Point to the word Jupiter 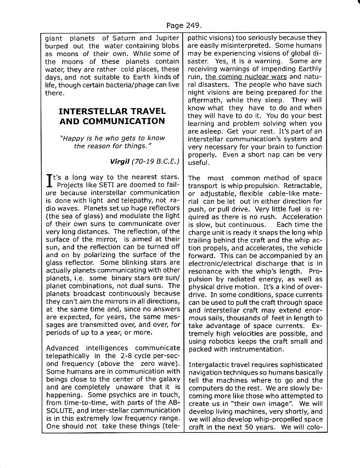pos(167,38)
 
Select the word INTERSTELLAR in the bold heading pos(89,111)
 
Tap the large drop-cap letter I pos(50,181)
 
